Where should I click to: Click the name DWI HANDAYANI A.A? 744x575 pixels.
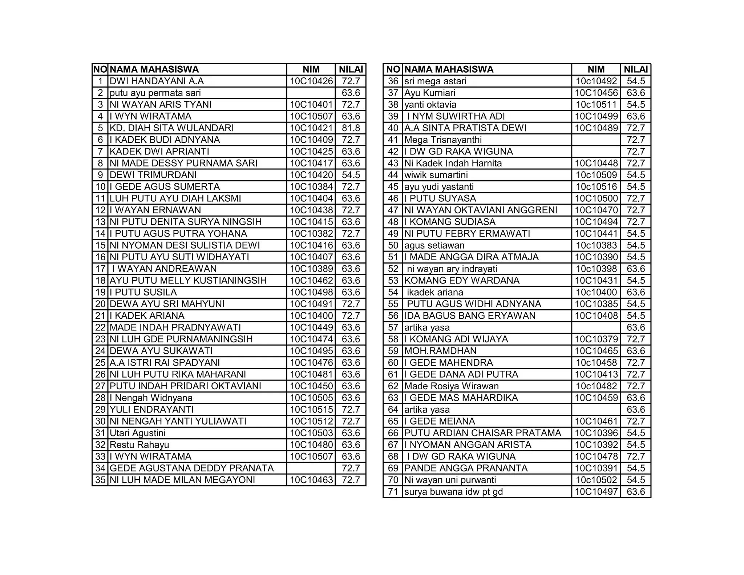coord(157,81)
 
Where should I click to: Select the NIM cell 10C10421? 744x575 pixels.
coord(311,128)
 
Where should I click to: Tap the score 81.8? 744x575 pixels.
coord(351,128)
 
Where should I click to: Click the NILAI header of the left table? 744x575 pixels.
coord(351,69)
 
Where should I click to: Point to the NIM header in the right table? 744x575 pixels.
coord(596,69)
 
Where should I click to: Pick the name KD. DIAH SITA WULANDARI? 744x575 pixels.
coord(172,128)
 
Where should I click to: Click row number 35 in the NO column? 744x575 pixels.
coord(100,480)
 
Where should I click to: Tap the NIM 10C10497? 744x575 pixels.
coord(596,492)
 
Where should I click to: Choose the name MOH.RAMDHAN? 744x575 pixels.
coord(440,351)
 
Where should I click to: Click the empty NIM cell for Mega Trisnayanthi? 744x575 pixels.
coord(596,140)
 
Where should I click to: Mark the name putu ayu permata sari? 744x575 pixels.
coord(155,93)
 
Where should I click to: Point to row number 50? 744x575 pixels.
coord(393,245)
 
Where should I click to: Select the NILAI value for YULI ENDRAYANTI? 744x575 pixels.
coord(351,410)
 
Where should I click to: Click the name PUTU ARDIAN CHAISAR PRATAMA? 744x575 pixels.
coord(483,433)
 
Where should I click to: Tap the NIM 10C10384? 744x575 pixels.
coord(311,187)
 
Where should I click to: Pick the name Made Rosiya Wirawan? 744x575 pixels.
coord(452,386)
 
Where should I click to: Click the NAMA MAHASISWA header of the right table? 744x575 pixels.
coord(449,69)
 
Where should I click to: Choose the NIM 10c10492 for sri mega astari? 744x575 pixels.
coord(596,81)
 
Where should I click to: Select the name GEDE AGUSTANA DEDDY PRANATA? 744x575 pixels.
coord(192,468)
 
